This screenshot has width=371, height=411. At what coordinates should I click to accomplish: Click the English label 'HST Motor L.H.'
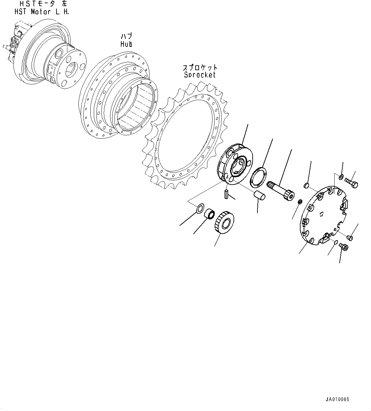(41, 12)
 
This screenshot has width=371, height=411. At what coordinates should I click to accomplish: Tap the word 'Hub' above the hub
(126, 44)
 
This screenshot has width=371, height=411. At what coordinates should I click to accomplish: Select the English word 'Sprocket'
(200, 75)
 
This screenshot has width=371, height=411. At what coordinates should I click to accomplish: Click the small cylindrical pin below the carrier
(226, 194)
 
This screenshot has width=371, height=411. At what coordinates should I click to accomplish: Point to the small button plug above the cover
(306, 185)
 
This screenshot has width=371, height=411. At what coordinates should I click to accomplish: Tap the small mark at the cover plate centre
(322, 214)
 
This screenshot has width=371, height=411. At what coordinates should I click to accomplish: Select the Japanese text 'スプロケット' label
(200, 68)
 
